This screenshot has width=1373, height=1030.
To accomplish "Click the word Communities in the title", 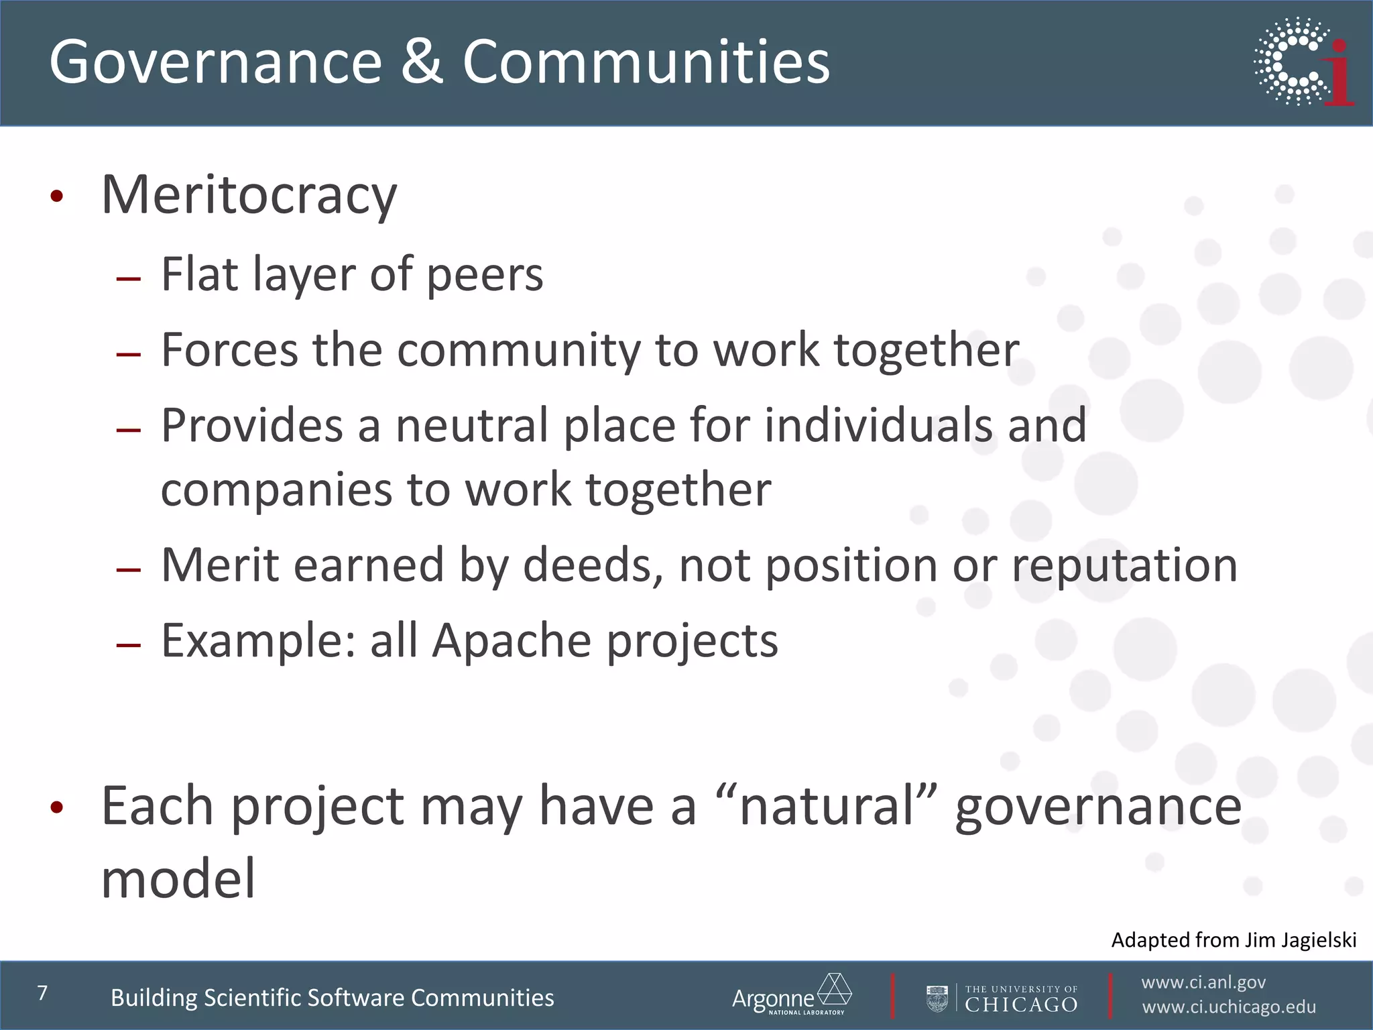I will click(x=646, y=62).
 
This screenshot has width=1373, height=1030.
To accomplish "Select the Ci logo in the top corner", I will click(x=1304, y=62).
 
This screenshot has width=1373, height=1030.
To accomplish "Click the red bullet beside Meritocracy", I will click(x=57, y=196).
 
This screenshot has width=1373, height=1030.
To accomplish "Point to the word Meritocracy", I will click(x=249, y=195).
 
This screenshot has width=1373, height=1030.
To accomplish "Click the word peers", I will click(x=485, y=275).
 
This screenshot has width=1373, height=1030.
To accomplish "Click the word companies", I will click(x=276, y=490).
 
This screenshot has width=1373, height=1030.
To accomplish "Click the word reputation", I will click(x=1124, y=565).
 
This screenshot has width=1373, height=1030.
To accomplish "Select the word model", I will click(x=178, y=878).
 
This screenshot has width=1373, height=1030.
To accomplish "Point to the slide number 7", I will click(x=43, y=992).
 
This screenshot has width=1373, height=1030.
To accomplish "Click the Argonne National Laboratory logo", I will click(x=791, y=995).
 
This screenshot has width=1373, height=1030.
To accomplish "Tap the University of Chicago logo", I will click(x=1003, y=998).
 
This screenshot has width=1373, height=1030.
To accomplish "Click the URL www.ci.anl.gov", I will click(x=1203, y=982).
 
